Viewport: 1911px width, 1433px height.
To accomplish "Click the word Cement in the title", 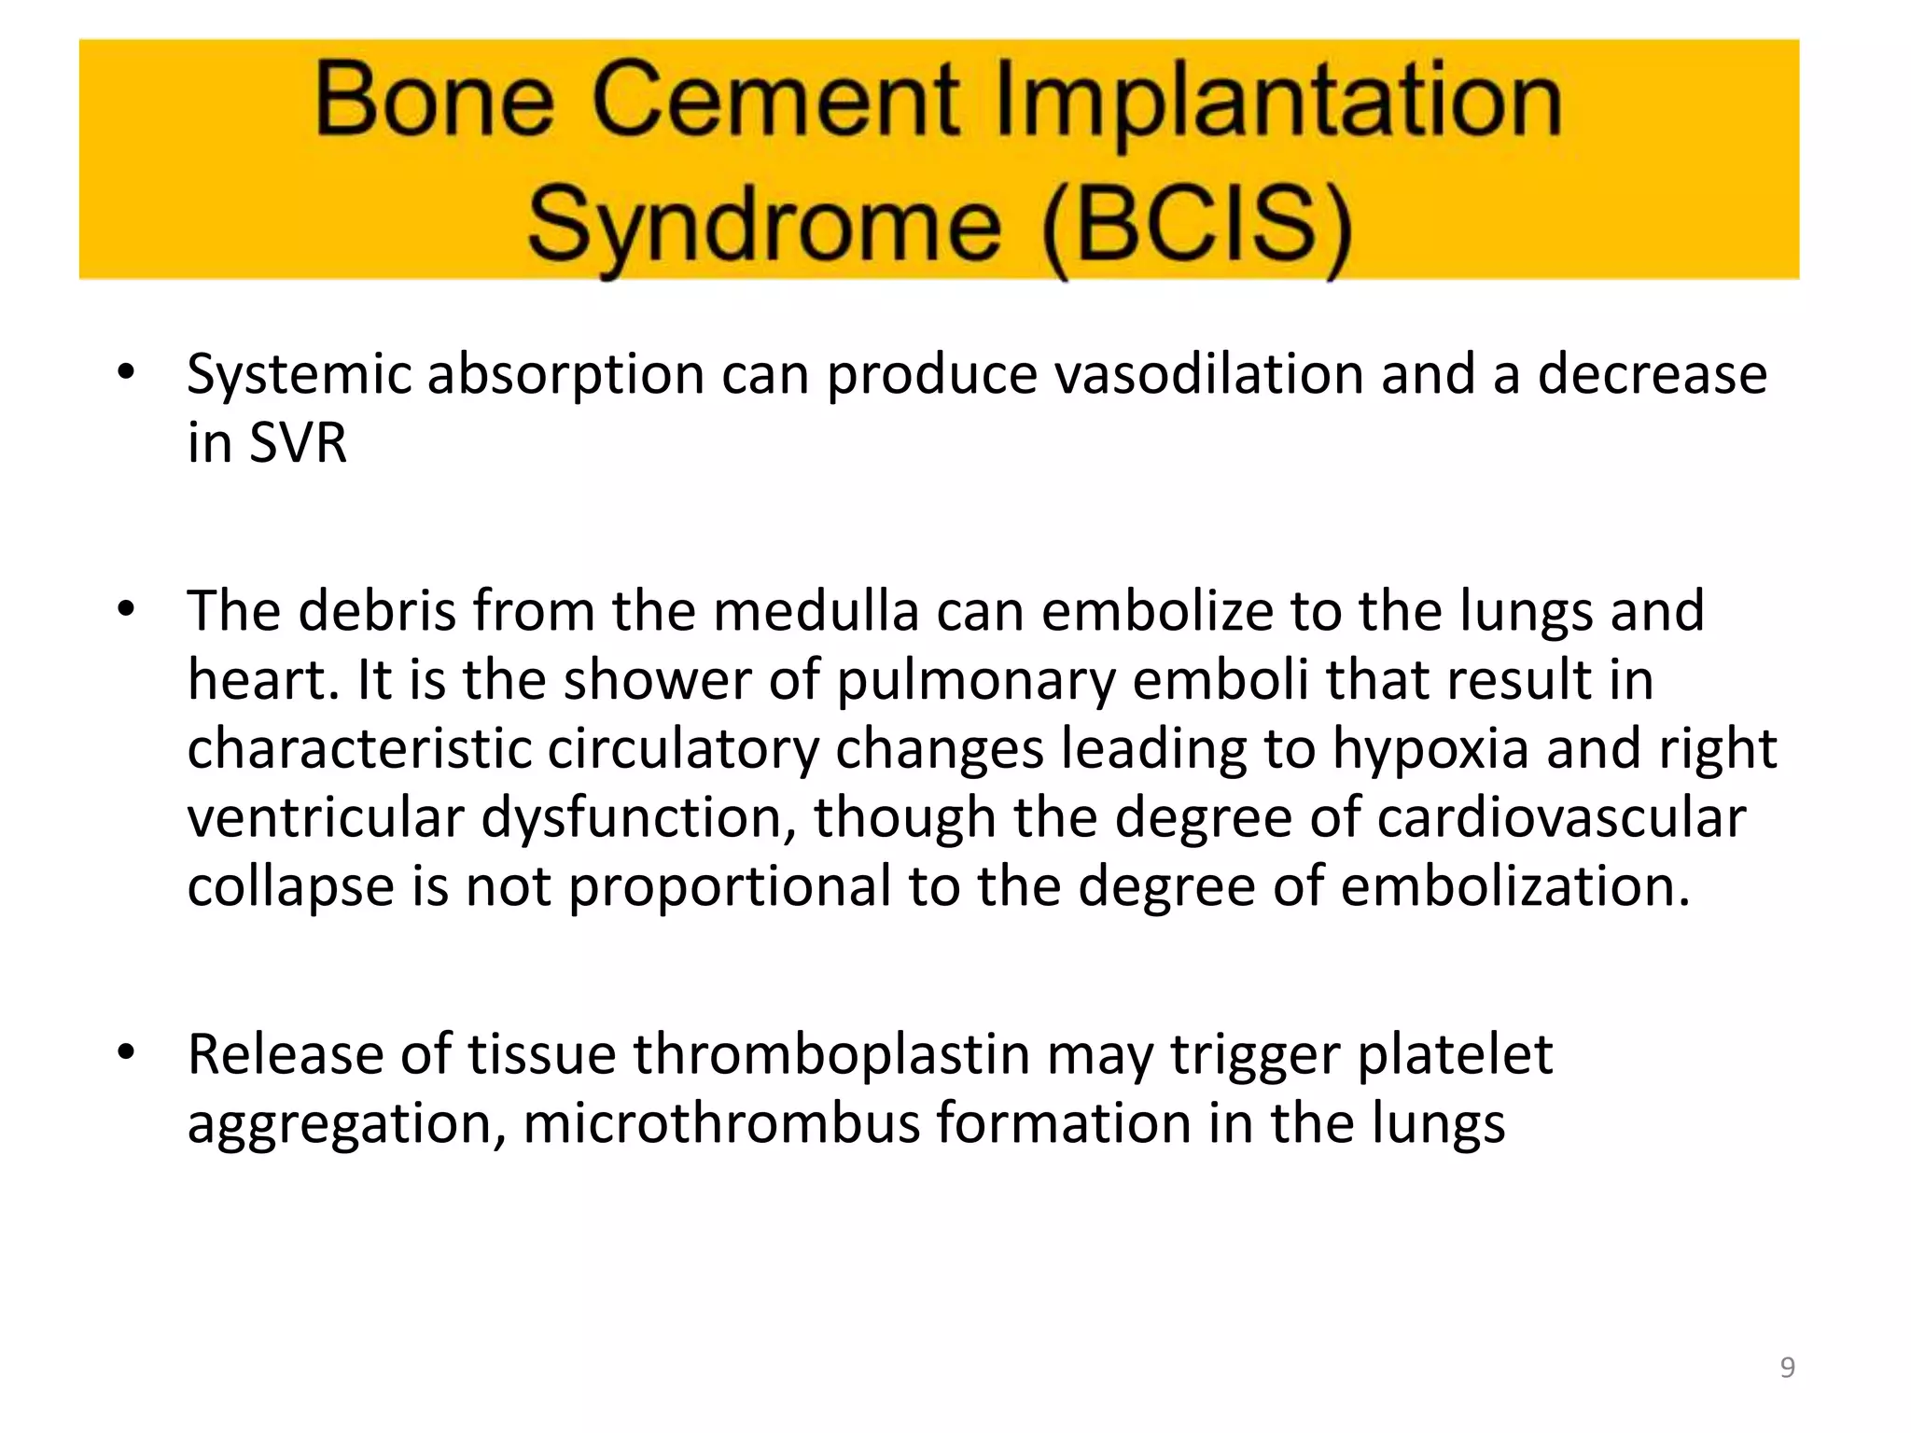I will point(774,101).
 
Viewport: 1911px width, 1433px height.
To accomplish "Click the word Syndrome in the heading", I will point(764,226).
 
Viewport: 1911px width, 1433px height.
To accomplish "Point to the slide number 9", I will point(1787,1368).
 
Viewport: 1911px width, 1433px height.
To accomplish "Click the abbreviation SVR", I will point(298,443).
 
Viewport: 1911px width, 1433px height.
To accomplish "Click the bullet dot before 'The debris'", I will point(126,610).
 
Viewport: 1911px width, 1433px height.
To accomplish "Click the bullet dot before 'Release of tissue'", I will point(126,1053).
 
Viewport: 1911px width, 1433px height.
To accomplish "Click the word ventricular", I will point(325,818).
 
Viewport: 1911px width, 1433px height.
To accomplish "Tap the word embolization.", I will point(1515,886).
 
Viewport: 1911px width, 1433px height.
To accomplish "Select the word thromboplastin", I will point(831,1055).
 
